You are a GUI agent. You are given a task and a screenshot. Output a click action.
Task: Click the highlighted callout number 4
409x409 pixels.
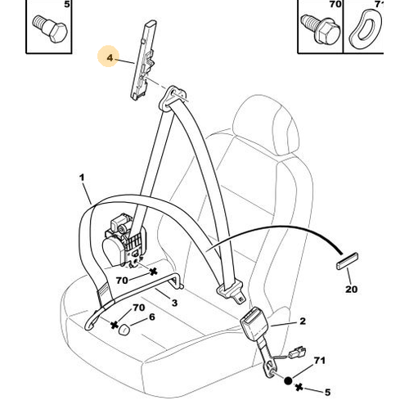pyautogui.click(x=110, y=58)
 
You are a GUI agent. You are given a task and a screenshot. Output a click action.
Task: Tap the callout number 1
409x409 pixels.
pyautogui.click(x=82, y=178)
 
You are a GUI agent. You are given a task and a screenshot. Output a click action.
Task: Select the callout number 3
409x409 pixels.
pyautogui.click(x=174, y=303)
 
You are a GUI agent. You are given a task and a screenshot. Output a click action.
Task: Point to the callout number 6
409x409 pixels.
pyautogui.click(x=152, y=317)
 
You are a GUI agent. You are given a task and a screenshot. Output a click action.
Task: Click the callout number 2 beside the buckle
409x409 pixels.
pyautogui.click(x=303, y=321)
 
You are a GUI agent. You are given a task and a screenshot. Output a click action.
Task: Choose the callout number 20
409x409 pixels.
pyautogui.click(x=351, y=289)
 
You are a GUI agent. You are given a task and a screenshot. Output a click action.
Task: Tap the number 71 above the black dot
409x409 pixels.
pyautogui.click(x=320, y=361)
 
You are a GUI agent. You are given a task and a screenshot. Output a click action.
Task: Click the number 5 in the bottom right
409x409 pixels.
pyautogui.click(x=327, y=392)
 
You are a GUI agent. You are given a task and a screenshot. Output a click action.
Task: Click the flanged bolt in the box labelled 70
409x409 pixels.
pyautogui.click(x=321, y=29)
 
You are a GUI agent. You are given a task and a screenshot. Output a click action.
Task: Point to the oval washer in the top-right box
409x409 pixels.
pyautogui.click(x=365, y=29)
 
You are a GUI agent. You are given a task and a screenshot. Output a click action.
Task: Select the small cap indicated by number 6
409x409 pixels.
pyautogui.click(x=124, y=329)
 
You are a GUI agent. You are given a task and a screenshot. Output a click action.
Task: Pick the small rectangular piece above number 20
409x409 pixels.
pyautogui.click(x=347, y=261)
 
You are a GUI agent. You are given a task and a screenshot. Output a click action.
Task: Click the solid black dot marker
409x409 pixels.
pyautogui.click(x=288, y=380)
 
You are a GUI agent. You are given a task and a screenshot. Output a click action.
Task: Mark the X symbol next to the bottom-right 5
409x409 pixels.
pyautogui.click(x=299, y=387)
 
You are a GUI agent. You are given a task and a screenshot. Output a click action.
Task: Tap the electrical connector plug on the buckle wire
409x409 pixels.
pyautogui.click(x=297, y=352)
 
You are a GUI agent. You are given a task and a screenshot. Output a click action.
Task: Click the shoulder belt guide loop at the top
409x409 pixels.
pyautogui.click(x=173, y=98)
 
